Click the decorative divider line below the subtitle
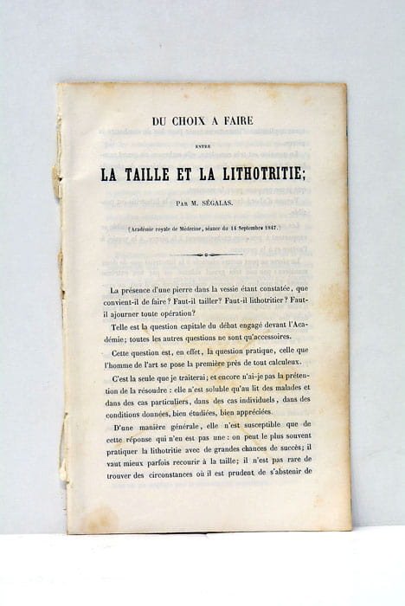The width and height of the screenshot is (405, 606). click(202, 255)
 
